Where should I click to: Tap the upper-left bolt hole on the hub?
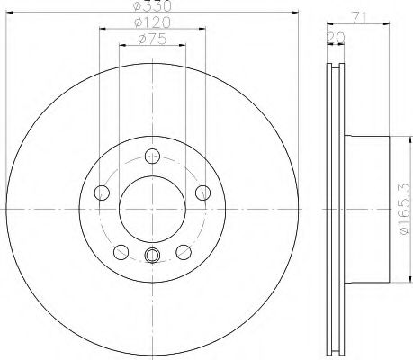coord(100,192)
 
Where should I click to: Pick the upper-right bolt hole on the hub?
coord(202,192)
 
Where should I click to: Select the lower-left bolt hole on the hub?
coord(120,251)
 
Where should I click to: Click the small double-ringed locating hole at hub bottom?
coord(151,254)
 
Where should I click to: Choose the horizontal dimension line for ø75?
coord(130,44)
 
